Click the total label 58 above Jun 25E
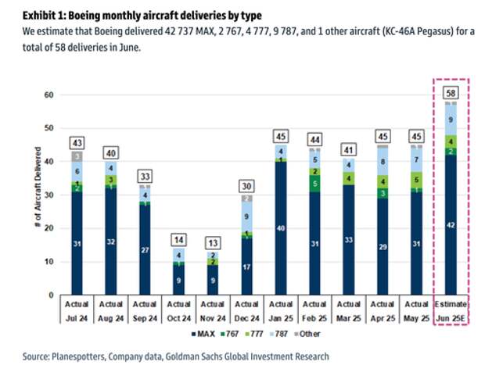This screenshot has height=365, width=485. pos(451,93)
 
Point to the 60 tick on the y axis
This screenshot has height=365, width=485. pos(47,95)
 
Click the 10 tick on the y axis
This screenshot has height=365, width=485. pos(47,262)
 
